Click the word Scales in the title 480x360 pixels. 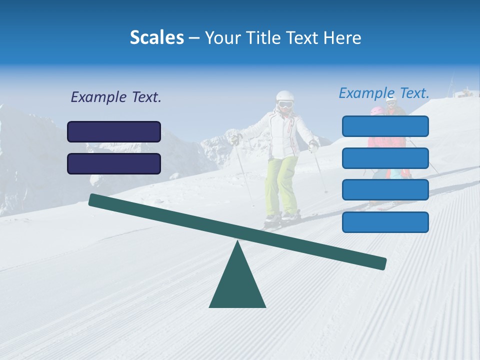[156, 37]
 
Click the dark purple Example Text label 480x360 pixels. [116, 97]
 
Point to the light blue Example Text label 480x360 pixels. [384, 93]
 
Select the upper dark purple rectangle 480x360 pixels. [114, 131]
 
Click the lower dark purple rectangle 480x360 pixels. [114, 163]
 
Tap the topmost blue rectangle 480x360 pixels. [385, 126]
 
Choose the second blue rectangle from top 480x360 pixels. [385, 158]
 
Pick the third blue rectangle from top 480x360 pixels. [385, 190]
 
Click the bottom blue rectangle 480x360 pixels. [385, 222]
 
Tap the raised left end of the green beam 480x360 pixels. [95, 200]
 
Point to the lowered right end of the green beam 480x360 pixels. [380, 263]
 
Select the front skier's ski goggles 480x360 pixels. [285, 105]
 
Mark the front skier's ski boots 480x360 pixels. [282, 217]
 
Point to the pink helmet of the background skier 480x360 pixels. [376, 111]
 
